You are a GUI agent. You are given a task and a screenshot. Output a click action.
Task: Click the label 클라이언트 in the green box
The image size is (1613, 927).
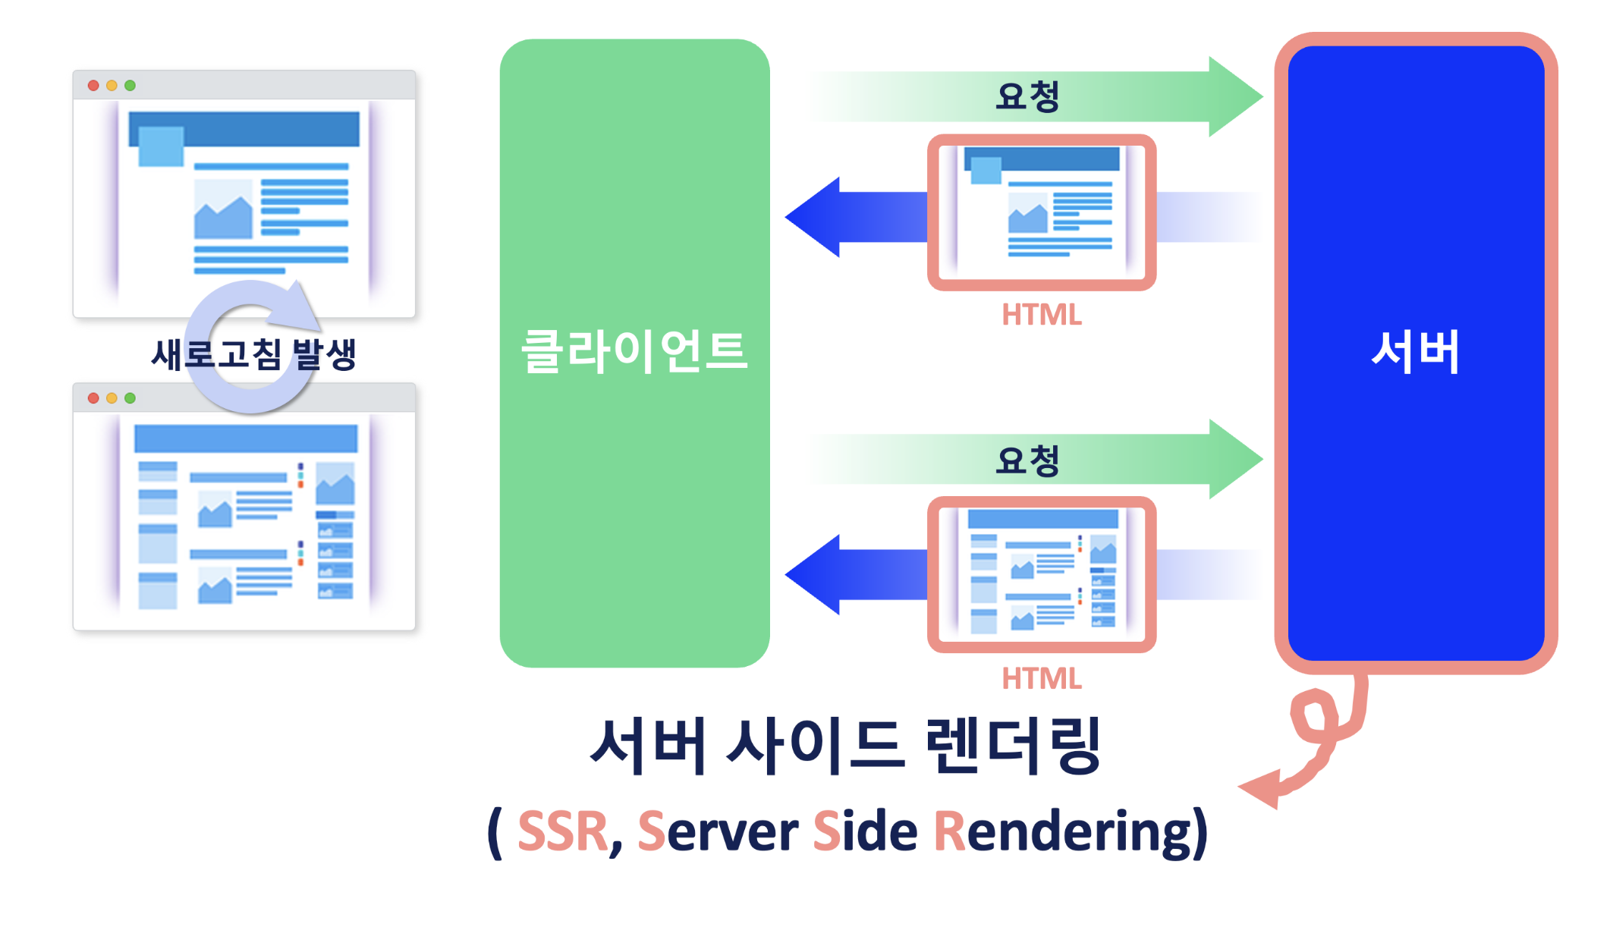tap(634, 352)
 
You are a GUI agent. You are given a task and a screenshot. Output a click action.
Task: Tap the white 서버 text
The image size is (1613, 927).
tap(1415, 352)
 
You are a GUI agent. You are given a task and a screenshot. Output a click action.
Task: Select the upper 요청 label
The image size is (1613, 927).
tap(1027, 97)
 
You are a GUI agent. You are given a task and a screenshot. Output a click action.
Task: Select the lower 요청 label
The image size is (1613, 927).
tap(1027, 460)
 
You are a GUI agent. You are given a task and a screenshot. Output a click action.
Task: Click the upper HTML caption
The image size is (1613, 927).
tap(1041, 315)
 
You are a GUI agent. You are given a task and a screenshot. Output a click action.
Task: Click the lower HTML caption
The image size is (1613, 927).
tap(1041, 678)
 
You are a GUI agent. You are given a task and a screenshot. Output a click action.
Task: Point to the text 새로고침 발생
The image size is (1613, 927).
tap(253, 354)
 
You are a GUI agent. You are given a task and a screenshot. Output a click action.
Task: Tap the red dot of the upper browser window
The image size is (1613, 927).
tap(93, 86)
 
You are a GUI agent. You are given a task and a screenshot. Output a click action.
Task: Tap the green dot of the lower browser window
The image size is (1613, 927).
tap(130, 398)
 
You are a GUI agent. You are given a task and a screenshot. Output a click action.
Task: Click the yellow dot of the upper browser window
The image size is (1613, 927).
tap(112, 86)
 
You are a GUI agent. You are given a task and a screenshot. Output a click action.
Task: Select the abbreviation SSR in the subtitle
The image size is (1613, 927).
tap(562, 832)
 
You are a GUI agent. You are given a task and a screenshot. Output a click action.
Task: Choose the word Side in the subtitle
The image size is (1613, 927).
tap(865, 832)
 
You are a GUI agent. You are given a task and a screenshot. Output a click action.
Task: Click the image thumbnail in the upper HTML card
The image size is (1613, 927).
tap(1027, 213)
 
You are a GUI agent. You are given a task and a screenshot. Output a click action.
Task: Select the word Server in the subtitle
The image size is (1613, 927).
tap(718, 832)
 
